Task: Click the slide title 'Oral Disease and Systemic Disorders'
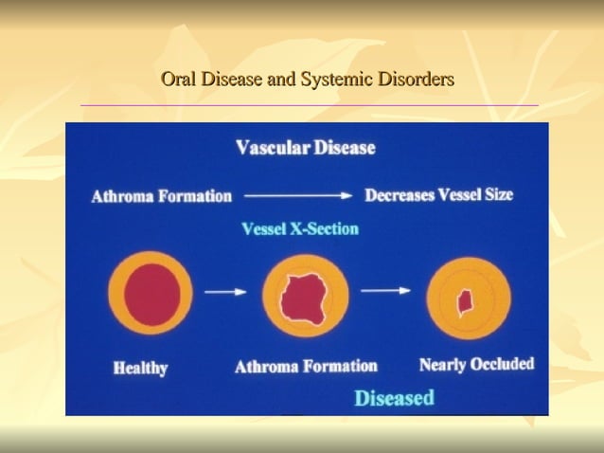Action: tap(308, 79)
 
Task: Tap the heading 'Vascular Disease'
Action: tap(305, 148)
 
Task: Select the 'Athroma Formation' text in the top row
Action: tap(162, 197)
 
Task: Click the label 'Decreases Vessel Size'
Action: tap(439, 195)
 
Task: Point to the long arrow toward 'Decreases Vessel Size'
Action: tap(298, 196)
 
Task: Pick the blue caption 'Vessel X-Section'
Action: tap(300, 229)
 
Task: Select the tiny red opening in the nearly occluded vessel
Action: tap(465, 303)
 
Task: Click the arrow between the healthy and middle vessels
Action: tap(225, 292)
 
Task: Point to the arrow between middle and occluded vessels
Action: tap(386, 291)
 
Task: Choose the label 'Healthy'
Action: tap(140, 369)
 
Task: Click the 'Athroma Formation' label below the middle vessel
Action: tap(306, 367)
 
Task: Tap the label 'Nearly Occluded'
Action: tap(476, 364)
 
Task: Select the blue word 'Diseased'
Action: tap(394, 397)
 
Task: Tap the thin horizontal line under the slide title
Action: tap(309, 105)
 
